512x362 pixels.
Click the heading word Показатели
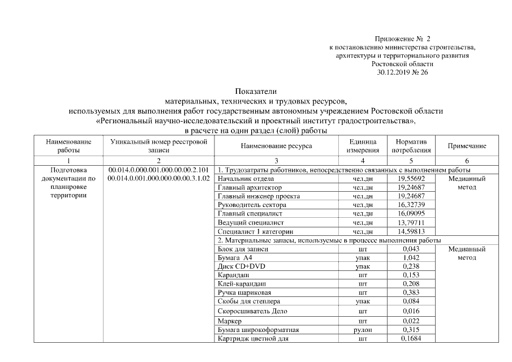(256, 91)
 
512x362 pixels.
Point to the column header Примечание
(467, 146)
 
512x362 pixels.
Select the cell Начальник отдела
(243, 179)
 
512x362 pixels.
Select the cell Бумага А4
(235, 257)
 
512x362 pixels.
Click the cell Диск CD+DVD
(240, 266)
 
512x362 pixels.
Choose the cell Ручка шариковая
(244, 292)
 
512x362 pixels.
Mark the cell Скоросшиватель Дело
(252, 311)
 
